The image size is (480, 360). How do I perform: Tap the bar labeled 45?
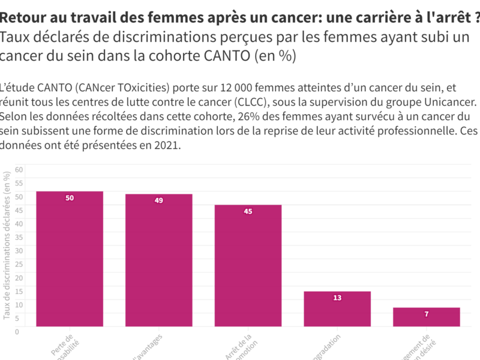tap(248, 266)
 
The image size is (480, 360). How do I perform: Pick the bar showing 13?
tap(337, 309)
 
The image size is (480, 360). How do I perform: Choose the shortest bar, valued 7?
tap(427, 317)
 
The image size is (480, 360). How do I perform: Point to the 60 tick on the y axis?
tap(19, 170)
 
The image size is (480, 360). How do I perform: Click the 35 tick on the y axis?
tap(19, 237)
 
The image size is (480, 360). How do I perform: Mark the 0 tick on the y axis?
tap(17, 331)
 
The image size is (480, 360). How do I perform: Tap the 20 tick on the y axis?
tap(19, 277)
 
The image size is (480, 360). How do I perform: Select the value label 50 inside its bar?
tap(70, 198)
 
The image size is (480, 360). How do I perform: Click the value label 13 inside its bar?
tap(337, 298)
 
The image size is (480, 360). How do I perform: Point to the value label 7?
tap(427, 314)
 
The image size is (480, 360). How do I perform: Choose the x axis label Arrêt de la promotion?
tap(243, 347)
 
